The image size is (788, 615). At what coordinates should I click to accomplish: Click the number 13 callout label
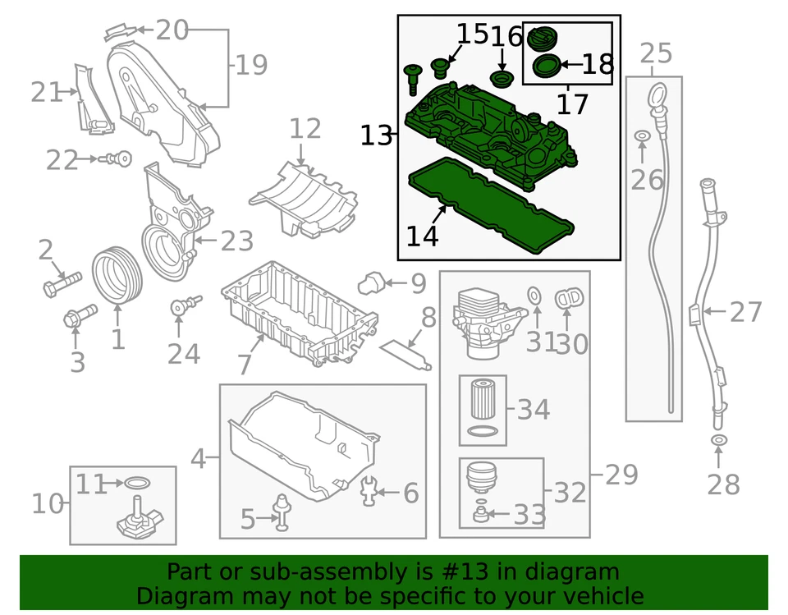(377, 135)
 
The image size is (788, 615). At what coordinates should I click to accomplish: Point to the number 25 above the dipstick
(655, 54)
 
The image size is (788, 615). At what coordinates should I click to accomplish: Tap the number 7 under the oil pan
(244, 363)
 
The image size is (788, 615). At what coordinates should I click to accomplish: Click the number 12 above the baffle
(305, 129)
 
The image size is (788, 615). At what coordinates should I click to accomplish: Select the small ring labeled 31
(533, 295)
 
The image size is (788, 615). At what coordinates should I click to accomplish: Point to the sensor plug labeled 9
(370, 284)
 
